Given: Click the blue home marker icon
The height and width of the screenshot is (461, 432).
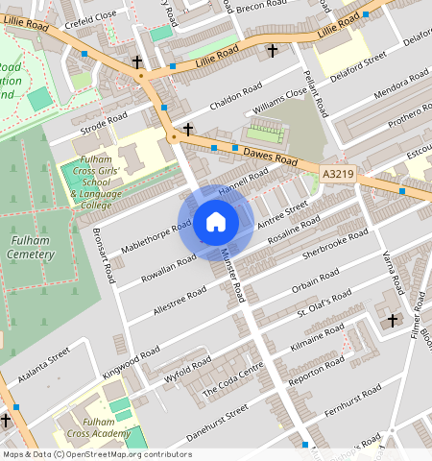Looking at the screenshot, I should [x=216, y=223].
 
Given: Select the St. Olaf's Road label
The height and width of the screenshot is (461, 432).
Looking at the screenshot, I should [x=322, y=307].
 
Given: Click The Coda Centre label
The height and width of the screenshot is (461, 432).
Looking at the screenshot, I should [x=233, y=382].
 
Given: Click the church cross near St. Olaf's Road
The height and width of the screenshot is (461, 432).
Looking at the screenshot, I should [x=392, y=320].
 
